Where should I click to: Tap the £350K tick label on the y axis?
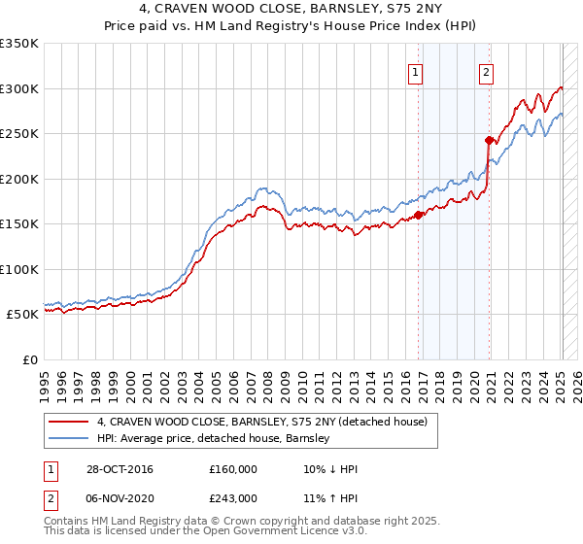click(19, 44)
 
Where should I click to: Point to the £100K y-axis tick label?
click(19, 269)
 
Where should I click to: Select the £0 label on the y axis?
click(30, 359)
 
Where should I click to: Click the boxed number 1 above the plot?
click(416, 71)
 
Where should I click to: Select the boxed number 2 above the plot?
click(485, 71)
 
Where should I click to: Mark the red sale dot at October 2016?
click(419, 215)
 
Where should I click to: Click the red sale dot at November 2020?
click(489, 140)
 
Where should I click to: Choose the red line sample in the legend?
click(68, 422)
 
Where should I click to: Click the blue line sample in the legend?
click(68, 438)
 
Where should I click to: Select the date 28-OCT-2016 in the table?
click(120, 469)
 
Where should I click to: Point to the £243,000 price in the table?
click(233, 497)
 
